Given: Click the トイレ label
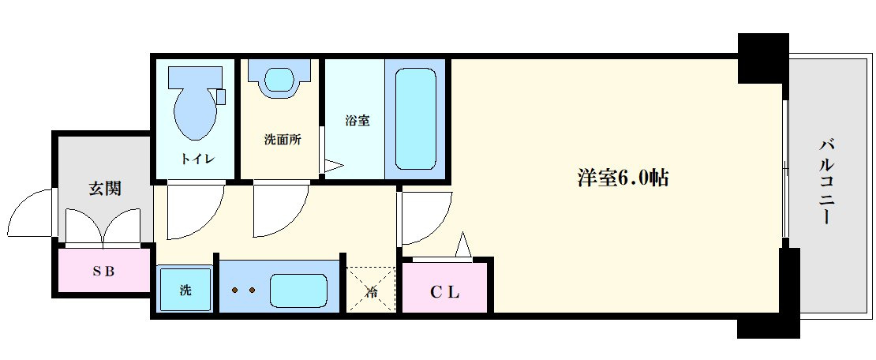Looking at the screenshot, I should pos(197,159).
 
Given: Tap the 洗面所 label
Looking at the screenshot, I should pos(282,140).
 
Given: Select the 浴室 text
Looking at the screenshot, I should pos(357,121).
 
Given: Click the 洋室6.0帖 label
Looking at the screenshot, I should pos(623,178).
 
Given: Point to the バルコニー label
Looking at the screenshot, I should pos(827,181).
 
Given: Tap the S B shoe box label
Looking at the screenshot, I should pos(103,271).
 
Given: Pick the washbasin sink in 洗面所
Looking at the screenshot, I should pos(279,79).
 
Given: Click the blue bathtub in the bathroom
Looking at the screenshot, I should pos(414,118).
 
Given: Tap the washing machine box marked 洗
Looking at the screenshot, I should pos(185,290).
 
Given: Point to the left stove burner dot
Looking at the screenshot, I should pos(236,291).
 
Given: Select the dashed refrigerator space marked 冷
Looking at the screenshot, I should pos(370,290).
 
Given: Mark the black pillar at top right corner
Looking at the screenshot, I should pos(762,57).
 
